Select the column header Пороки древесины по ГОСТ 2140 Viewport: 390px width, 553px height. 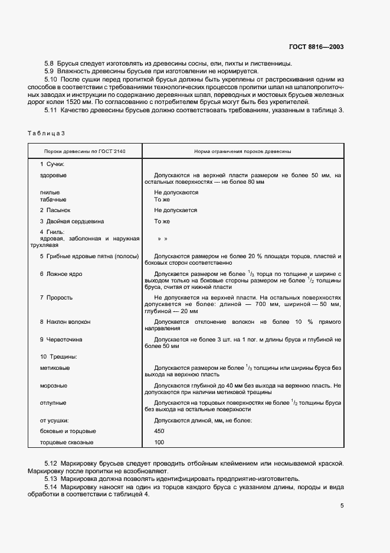pyautogui.click(x=85, y=152)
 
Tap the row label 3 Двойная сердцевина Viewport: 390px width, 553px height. pyautogui.click(x=72, y=222)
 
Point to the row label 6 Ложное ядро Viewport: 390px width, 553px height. pyautogui.click(x=61, y=274)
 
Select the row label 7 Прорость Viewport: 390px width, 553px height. pyautogui.click(x=56, y=297)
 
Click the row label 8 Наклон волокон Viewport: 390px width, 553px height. pyautogui.click(x=65, y=322)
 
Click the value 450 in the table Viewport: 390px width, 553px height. pyautogui.click(x=159, y=431)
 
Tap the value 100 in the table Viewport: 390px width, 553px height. pyautogui.click(x=159, y=443)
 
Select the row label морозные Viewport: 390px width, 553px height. pyautogui.click(x=53, y=386)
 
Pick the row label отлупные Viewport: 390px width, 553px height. pyautogui.click(x=53, y=403)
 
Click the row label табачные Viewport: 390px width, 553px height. pyautogui.click(x=53, y=199)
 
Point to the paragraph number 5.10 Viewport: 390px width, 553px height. pyautogui.click(x=51, y=79)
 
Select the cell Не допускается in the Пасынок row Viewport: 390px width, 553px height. pyautogui.click(x=175, y=210)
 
